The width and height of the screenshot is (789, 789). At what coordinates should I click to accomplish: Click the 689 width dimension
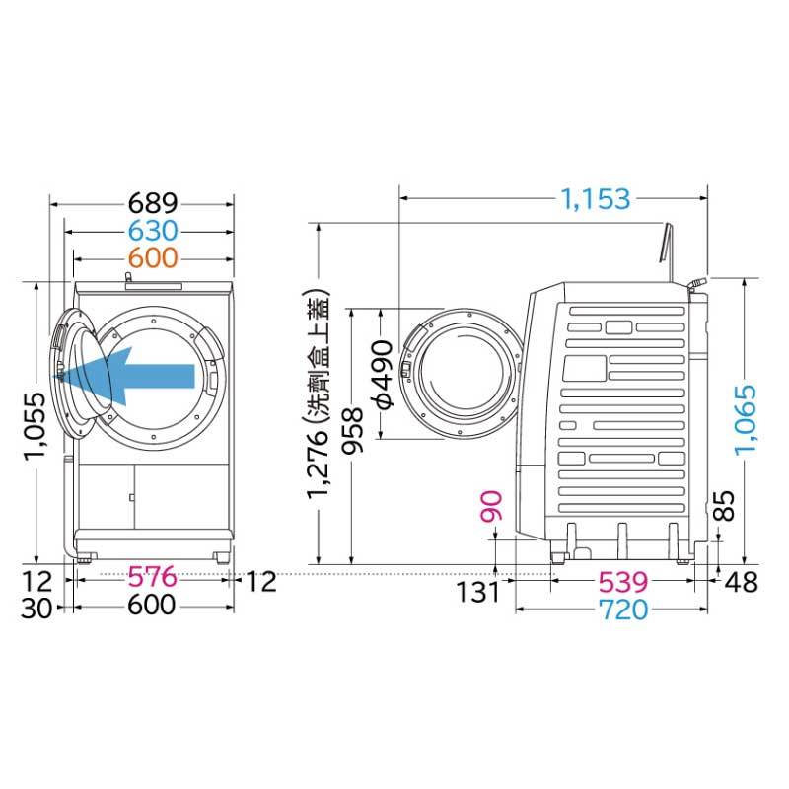click(x=153, y=203)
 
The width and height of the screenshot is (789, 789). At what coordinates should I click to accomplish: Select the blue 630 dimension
click(x=153, y=231)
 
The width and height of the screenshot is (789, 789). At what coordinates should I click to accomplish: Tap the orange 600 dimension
click(x=153, y=258)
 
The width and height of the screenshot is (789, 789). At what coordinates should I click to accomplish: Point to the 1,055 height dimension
click(x=36, y=426)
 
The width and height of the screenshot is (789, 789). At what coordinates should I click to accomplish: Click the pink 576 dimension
click(x=152, y=577)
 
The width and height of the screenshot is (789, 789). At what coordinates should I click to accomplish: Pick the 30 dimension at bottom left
click(x=36, y=608)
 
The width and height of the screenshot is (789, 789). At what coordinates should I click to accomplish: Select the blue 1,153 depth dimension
click(x=596, y=199)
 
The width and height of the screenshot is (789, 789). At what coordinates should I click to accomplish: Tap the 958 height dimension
click(x=353, y=430)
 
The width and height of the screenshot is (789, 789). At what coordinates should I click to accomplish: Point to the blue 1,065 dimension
click(x=745, y=420)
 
